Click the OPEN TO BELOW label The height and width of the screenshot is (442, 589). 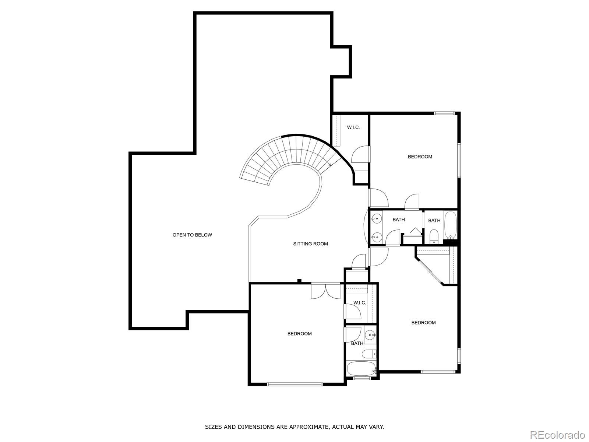pos(192,235)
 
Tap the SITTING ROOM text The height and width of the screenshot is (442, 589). pos(310,244)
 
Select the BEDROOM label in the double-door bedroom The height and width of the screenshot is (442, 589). pos(299,334)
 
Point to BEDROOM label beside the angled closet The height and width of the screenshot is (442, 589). pos(423,323)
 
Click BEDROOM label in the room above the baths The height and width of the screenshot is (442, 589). pos(420,157)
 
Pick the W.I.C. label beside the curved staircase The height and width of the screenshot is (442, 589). pos(353,127)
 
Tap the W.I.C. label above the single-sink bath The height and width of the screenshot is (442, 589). pos(360,303)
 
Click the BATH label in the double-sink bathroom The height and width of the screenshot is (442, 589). pos(399,220)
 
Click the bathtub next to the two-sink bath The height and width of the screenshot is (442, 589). pos(451,225)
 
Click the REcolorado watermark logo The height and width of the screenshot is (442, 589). pos(558,434)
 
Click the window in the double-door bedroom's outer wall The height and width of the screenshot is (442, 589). pos(294,384)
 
